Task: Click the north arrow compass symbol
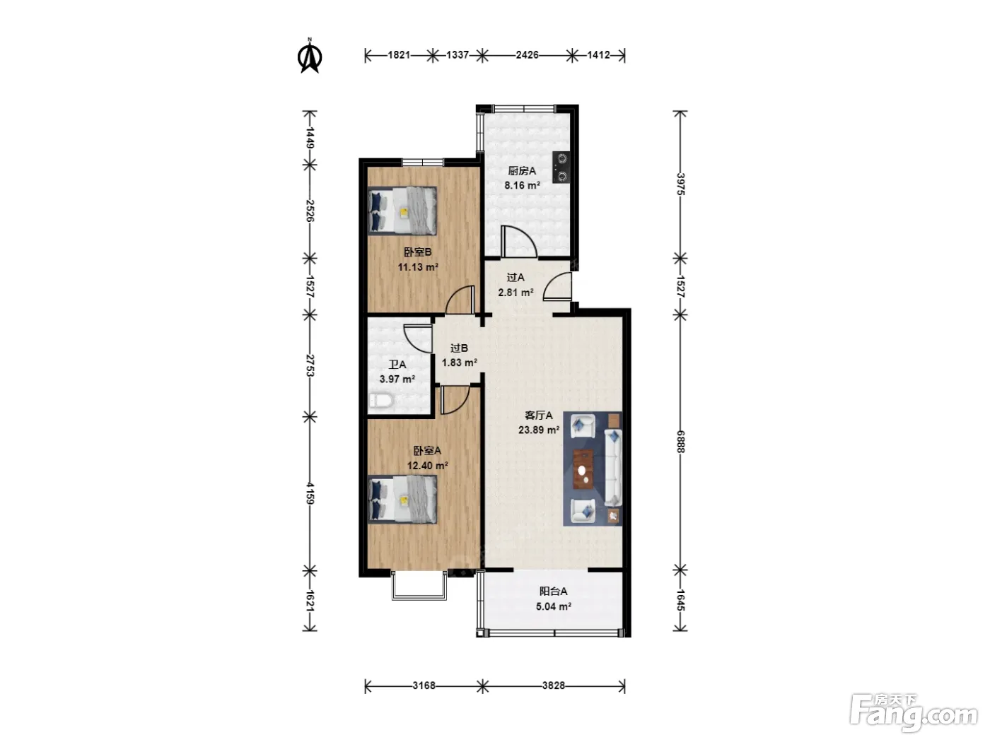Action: tap(310, 57)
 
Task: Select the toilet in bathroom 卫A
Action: tap(381, 401)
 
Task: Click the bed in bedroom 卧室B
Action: tap(402, 211)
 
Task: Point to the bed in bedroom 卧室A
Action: tap(402, 500)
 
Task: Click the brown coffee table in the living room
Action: tap(583, 469)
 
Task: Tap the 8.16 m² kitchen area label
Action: tap(523, 185)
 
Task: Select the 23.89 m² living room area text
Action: tap(539, 430)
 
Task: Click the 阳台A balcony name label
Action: tap(554, 591)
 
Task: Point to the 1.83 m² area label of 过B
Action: tap(460, 363)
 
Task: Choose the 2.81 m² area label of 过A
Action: tap(516, 293)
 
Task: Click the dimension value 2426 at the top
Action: tap(528, 55)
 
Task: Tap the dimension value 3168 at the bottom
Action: tap(424, 685)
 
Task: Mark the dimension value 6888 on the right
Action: tap(680, 442)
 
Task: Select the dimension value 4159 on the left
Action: tap(310, 493)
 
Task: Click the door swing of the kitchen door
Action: tap(518, 242)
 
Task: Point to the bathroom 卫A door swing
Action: tap(418, 338)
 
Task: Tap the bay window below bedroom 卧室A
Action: tap(419, 585)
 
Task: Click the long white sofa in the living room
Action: tap(613, 468)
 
